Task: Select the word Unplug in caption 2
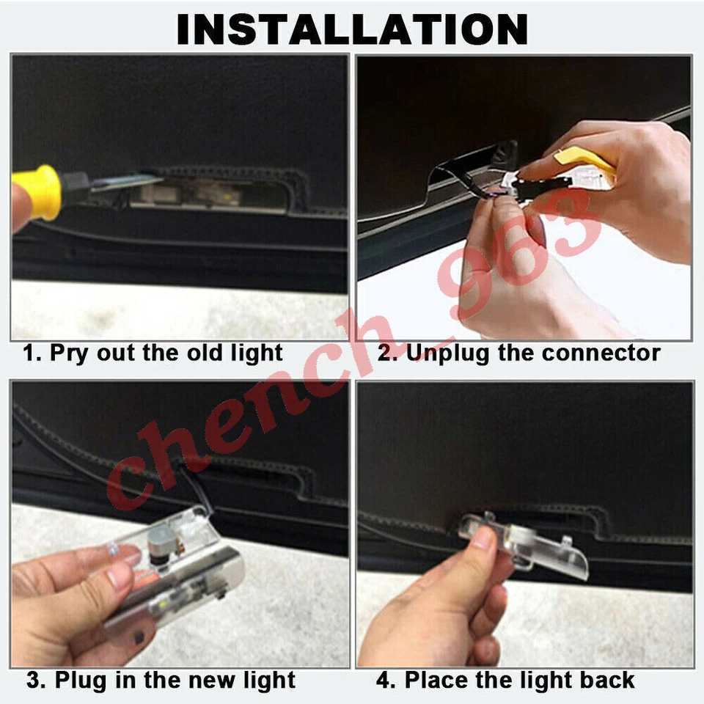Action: pyautogui.click(x=448, y=353)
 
